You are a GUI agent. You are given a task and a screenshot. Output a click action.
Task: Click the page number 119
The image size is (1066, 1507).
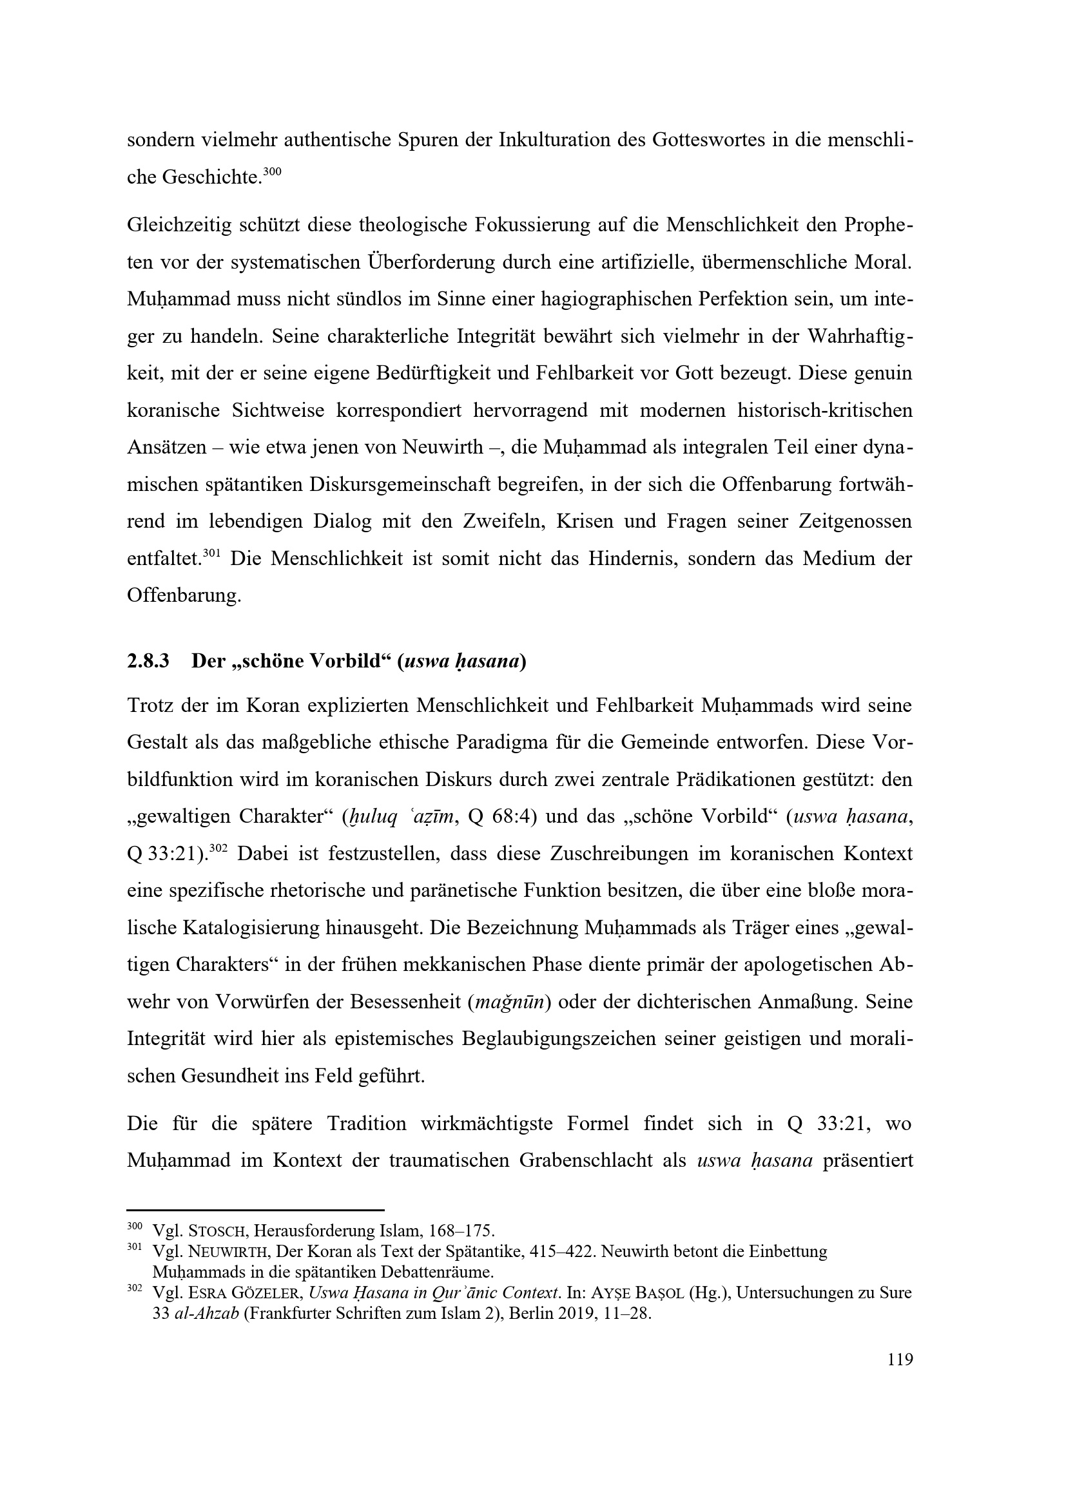point(900,1359)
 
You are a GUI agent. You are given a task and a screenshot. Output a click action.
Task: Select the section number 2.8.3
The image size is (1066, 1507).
point(148,661)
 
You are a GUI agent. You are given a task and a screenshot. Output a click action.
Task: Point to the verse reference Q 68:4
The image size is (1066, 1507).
point(502,817)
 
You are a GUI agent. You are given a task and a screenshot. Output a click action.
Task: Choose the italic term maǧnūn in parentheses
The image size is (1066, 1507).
point(508,1003)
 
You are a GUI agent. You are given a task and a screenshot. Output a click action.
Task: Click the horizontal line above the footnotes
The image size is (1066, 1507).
point(255,1210)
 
